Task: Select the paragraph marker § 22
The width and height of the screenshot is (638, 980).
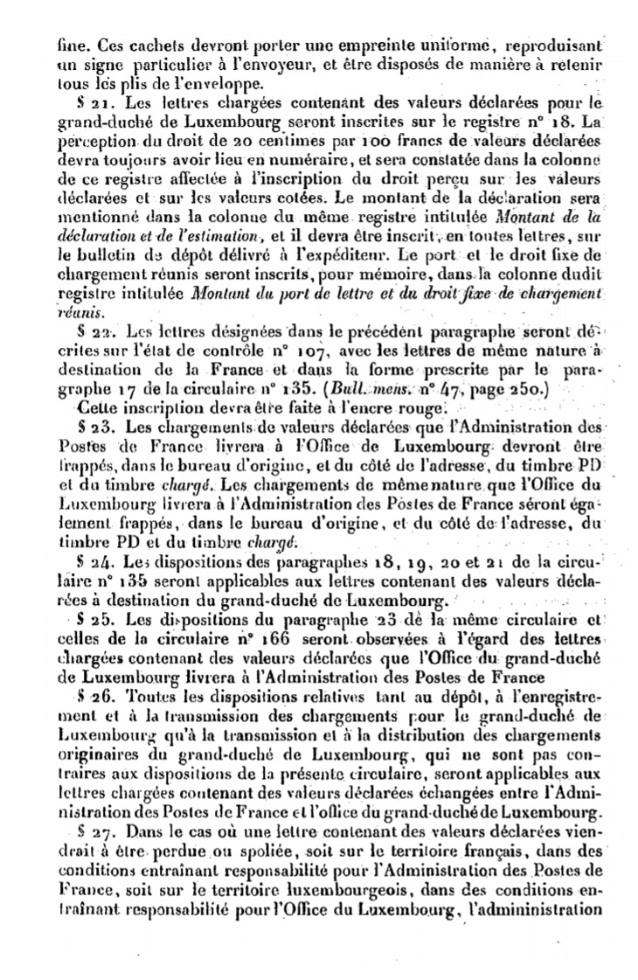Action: (91, 332)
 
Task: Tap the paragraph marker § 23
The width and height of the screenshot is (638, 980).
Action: (91, 428)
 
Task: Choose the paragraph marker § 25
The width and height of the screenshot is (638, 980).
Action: (91, 620)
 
